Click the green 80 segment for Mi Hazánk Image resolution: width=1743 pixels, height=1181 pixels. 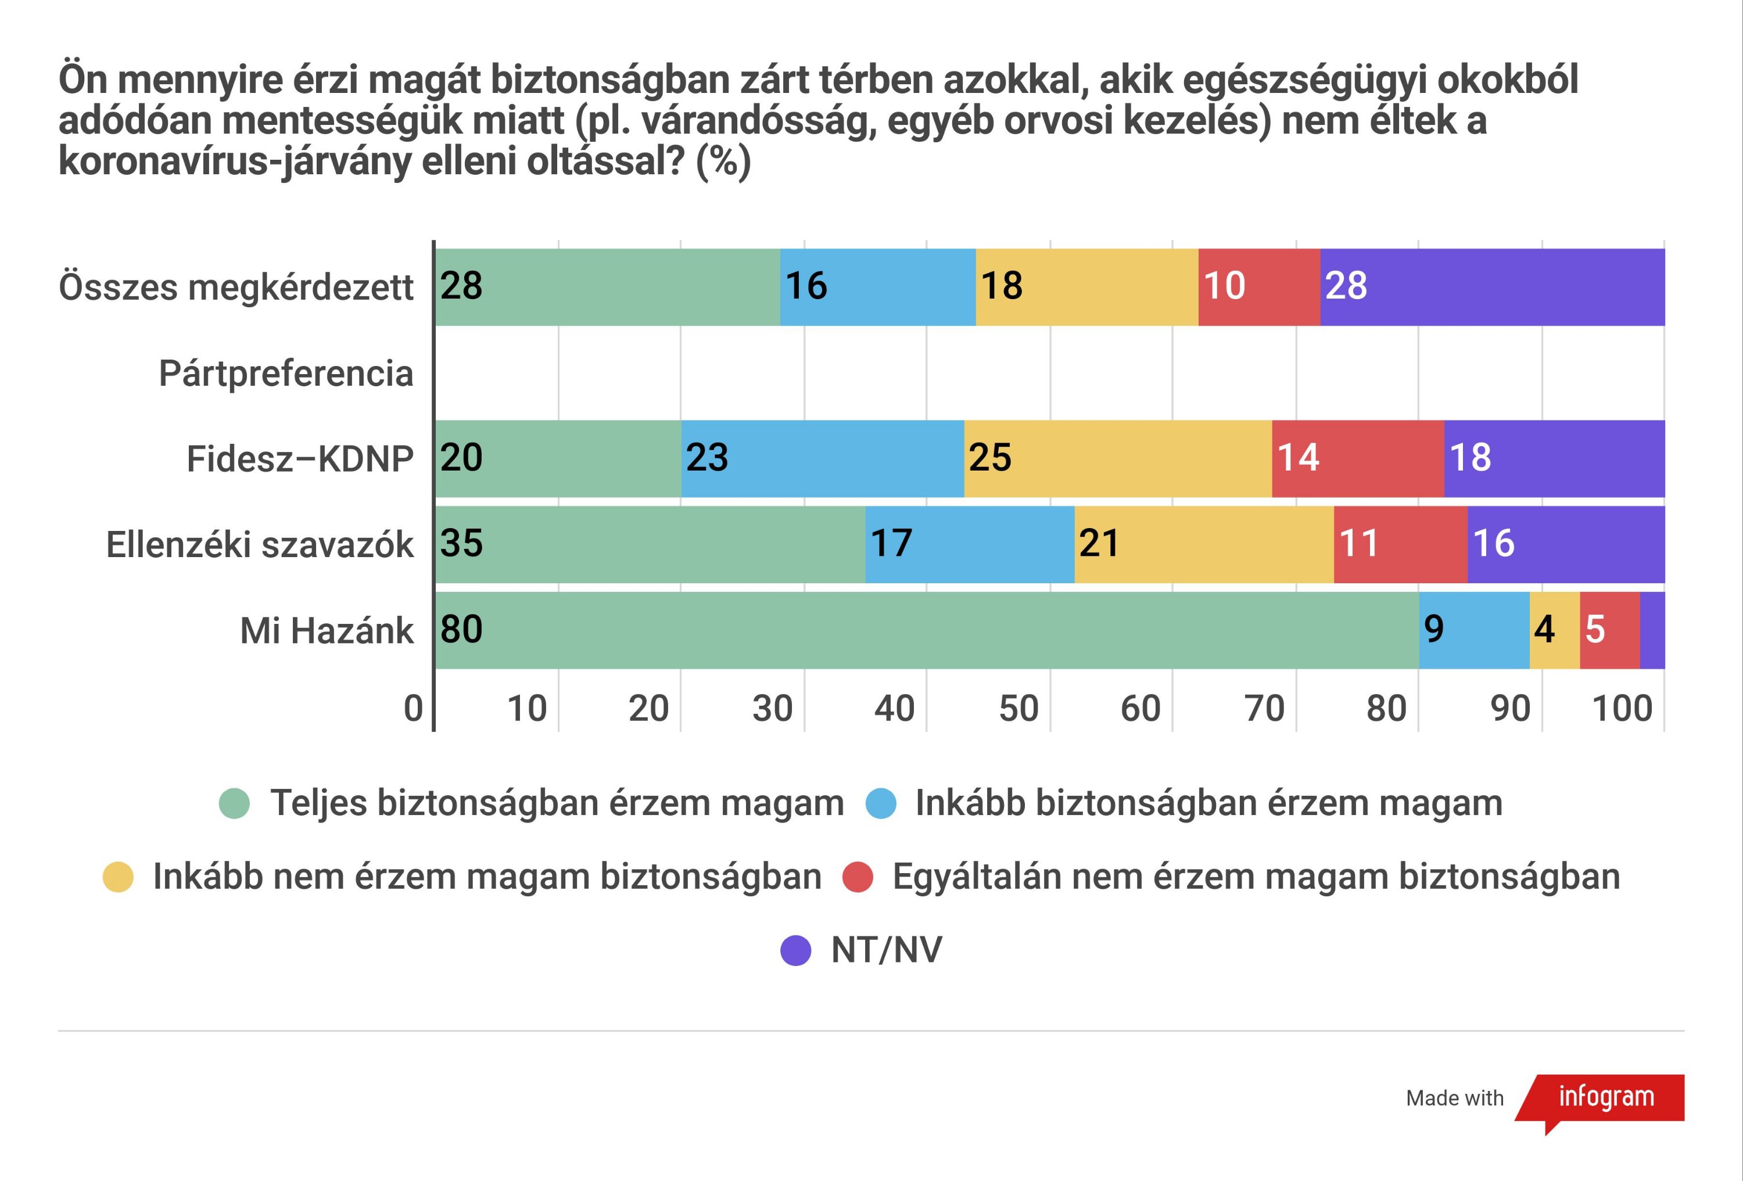tap(926, 630)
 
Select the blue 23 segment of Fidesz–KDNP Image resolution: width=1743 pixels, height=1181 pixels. tap(822, 458)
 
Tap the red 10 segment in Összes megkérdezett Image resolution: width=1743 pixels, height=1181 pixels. tap(1258, 286)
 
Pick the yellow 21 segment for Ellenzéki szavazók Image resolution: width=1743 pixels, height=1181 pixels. tap(1204, 544)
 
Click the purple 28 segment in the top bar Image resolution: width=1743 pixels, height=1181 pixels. tap(1492, 286)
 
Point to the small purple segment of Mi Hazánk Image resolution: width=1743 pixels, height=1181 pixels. tap(1652, 630)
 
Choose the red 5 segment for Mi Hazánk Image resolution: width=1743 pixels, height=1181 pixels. tap(1609, 630)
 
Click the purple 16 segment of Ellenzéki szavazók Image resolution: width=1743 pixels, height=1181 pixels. tap(1565, 544)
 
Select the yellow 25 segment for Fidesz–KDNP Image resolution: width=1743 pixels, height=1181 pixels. tap(1117, 458)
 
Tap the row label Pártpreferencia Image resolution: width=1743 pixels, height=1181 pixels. tap(286, 373)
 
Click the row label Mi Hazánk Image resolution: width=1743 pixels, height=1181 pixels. tap(327, 631)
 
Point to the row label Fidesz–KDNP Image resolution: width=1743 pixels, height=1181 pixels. tap(299, 459)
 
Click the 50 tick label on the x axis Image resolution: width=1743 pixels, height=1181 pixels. tap(1018, 709)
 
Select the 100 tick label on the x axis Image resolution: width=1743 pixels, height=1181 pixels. tap(1622, 709)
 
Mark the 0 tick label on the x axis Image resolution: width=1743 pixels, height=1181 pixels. tap(413, 709)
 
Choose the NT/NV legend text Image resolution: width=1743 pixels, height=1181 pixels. tap(886, 950)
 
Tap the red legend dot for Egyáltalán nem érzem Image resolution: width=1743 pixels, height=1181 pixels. tap(857, 877)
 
